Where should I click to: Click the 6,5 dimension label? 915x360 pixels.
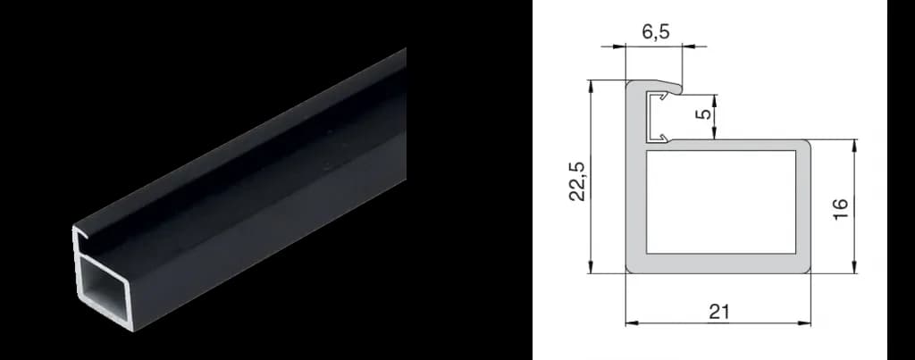(656, 31)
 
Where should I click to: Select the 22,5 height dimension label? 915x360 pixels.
(578, 180)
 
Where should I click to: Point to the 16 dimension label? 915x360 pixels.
(839, 207)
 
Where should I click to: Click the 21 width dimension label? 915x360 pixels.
(719, 312)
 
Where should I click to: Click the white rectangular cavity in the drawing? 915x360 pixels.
(721, 202)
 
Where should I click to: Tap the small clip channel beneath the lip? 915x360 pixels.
(658, 117)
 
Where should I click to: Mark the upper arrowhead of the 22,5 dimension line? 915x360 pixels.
(592, 86)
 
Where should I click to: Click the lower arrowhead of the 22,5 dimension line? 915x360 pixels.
(592, 266)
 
